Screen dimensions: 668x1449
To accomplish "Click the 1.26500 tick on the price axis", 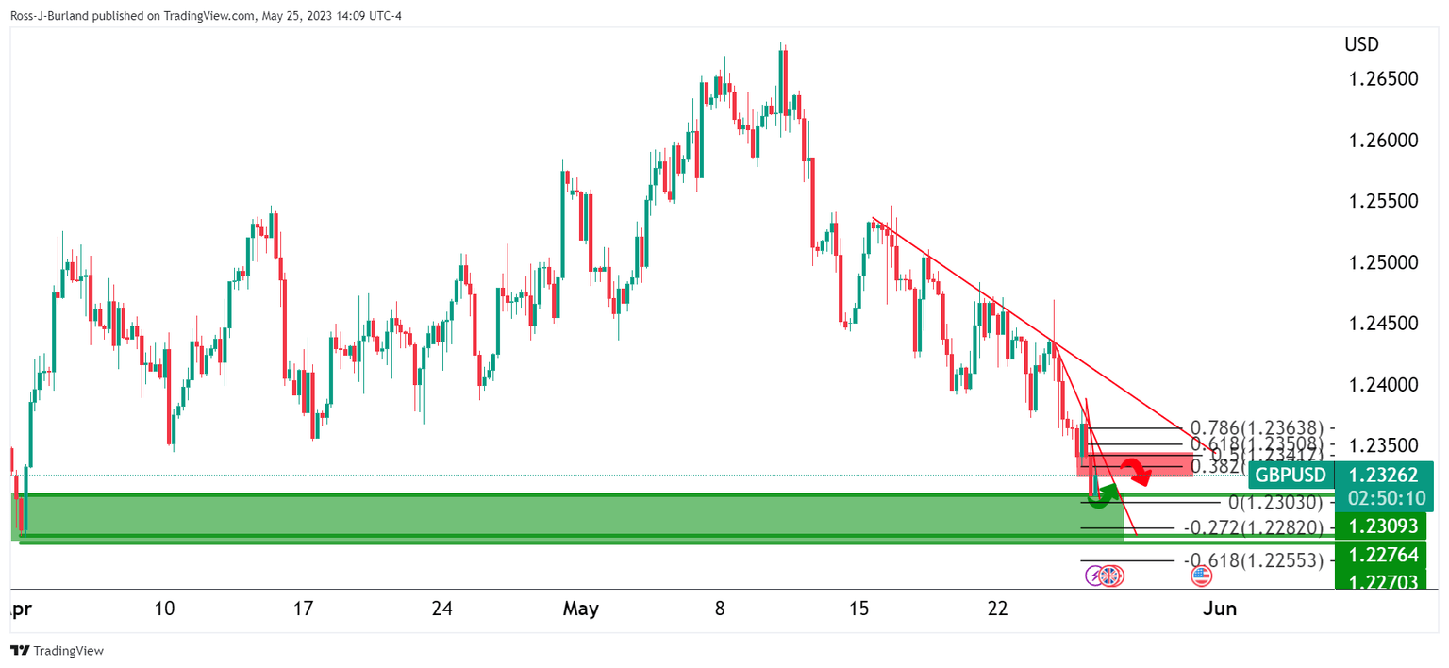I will (1381, 78).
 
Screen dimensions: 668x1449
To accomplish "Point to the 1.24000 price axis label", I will (1381, 385).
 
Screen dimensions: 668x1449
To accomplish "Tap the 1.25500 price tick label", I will (1381, 201).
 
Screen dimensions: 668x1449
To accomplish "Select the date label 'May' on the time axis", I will (580, 610).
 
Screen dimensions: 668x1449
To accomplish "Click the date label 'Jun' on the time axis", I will (1220, 610).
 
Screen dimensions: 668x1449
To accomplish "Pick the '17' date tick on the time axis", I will (303, 610).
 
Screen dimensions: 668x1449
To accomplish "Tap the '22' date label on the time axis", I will (998, 610).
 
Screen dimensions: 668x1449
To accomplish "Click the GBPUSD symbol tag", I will (1290, 475).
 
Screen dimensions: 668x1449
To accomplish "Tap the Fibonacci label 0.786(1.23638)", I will (1257, 427).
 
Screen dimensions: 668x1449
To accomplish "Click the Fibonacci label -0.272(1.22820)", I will (1252, 527).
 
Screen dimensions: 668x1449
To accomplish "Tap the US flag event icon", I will (1201, 576).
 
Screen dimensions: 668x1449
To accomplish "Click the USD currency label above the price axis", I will (1361, 44).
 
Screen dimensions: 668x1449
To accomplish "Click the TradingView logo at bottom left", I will (58, 651).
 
